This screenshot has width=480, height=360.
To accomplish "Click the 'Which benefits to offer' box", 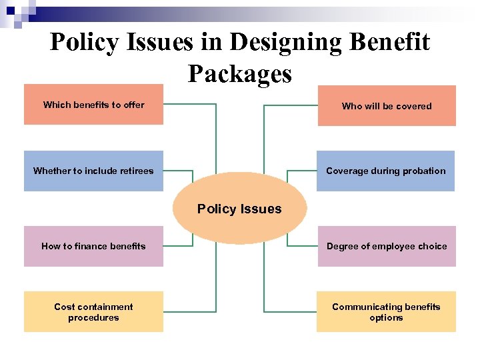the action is [x=93, y=105].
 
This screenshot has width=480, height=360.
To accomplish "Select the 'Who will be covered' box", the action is [x=387, y=106].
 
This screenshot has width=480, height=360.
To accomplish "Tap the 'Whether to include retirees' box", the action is [x=93, y=171].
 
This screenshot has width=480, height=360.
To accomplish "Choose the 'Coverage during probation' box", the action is [x=385, y=171].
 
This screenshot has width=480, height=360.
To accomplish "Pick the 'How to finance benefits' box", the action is [x=93, y=246].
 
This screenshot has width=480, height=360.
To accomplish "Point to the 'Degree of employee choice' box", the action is [x=387, y=246].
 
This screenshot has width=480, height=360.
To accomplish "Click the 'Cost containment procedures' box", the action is [x=93, y=311].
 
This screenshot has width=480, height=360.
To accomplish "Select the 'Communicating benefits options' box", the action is [x=386, y=311].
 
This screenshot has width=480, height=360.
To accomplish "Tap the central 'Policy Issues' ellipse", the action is [x=239, y=209].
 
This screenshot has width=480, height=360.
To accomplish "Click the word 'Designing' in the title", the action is [x=285, y=43].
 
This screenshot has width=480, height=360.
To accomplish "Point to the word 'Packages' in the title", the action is [x=240, y=73].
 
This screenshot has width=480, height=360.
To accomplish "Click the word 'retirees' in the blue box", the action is [x=137, y=171].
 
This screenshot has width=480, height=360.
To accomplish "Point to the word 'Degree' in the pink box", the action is [x=342, y=246].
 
